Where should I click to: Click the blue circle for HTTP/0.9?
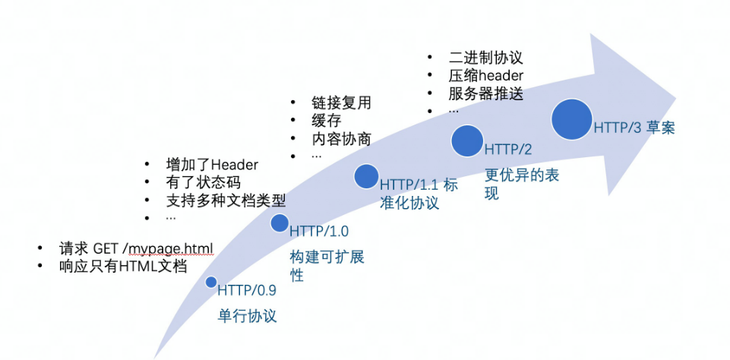[211, 283]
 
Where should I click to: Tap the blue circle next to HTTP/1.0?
[280, 223]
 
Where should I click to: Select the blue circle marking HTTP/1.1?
[366, 176]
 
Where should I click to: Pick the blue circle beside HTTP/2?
[468, 140]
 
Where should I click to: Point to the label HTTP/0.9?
[247, 290]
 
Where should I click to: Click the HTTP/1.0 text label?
[319, 231]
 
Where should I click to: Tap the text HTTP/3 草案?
[634, 128]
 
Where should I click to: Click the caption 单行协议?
[247, 316]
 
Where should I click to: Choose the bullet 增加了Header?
[212, 165]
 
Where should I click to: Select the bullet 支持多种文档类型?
[226, 201]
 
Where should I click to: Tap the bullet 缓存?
[326, 121]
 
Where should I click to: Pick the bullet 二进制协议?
[486, 58]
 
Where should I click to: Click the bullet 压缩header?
[486, 76]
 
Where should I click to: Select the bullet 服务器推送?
[486, 94]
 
